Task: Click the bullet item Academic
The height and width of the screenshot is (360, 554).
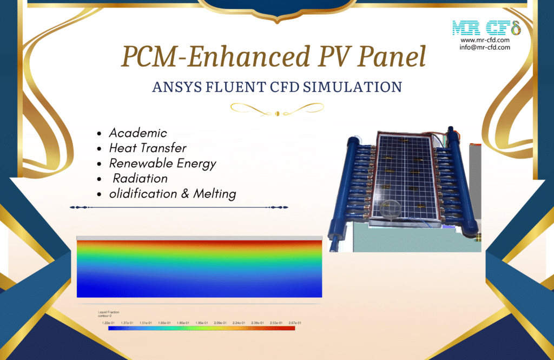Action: click(138, 133)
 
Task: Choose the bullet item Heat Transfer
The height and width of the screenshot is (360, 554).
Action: click(148, 148)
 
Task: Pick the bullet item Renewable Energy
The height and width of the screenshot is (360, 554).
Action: click(162, 163)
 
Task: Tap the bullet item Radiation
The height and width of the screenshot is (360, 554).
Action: click(140, 178)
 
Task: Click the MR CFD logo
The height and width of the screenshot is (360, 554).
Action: click(485, 27)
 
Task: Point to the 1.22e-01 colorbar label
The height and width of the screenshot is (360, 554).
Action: click(108, 323)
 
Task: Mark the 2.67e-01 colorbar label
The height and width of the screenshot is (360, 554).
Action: click(295, 323)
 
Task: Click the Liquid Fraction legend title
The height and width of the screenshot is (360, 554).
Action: click(109, 312)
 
